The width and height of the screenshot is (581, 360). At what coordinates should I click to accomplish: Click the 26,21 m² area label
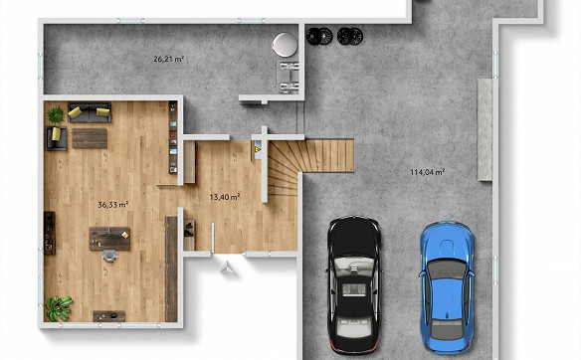(169, 59)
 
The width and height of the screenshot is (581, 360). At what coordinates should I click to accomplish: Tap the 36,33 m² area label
(113, 205)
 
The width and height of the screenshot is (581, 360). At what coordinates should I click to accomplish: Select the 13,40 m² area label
(225, 197)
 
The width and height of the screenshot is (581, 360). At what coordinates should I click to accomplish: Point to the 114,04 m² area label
(427, 172)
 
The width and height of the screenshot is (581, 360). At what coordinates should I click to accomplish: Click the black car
(354, 284)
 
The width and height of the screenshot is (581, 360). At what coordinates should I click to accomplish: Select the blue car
(447, 287)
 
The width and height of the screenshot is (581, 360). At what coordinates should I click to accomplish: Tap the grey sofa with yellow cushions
(90, 112)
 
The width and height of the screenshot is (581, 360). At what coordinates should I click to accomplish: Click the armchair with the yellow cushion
(57, 138)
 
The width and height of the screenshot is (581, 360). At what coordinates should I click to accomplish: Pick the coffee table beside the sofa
(90, 138)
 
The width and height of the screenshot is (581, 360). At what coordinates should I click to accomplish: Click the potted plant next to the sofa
(56, 114)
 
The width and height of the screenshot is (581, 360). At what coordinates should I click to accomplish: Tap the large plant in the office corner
(59, 308)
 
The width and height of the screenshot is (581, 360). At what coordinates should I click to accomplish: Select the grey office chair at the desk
(109, 256)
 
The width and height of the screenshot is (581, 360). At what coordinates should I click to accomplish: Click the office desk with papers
(109, 238)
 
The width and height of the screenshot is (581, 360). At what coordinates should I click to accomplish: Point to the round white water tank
(285, 45)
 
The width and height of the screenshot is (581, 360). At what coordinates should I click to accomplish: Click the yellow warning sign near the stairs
(258, 149)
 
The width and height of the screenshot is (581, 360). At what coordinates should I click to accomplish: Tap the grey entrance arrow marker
(228, 268)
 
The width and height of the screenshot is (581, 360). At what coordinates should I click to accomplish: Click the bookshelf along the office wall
(173, 137)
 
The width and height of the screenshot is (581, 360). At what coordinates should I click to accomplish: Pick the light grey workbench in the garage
(484, 129)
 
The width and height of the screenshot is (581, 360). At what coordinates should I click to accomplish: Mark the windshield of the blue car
(447, 270)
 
